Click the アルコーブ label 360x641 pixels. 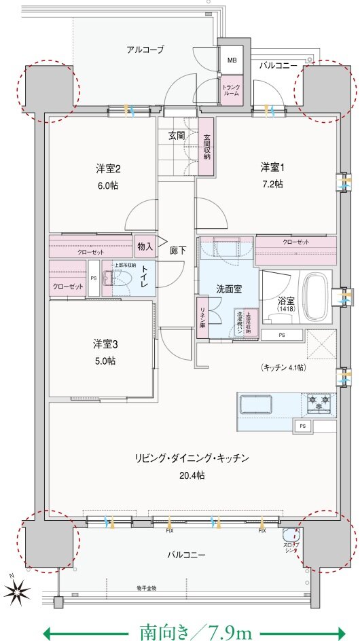pyautogui.click(x=145, y=50)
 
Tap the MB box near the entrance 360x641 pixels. pyautogui.click(x=232, y=60)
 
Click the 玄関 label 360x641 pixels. pyautogui.click(x=177, y=135)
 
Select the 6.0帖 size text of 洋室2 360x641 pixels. pyautogui.click(x=107, y=185)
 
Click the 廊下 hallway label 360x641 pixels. pyautogui.click(x=178, y=250)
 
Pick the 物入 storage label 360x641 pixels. pyautogui.click(x=144, y=246)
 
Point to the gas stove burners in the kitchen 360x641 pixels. pyautogui.click(x=321, y=403)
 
